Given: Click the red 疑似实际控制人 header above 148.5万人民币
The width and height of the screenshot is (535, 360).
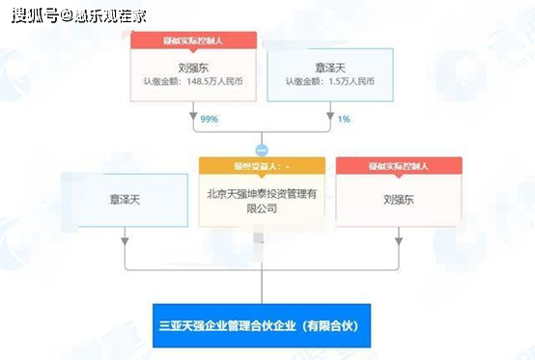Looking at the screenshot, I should pyautogui.click(x=193, y=41).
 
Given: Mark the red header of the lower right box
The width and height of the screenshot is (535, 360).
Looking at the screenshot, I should pyautogui.click(x=398, y=166).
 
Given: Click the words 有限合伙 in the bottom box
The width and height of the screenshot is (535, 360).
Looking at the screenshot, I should pyautogui.click(x=329, y=322).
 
